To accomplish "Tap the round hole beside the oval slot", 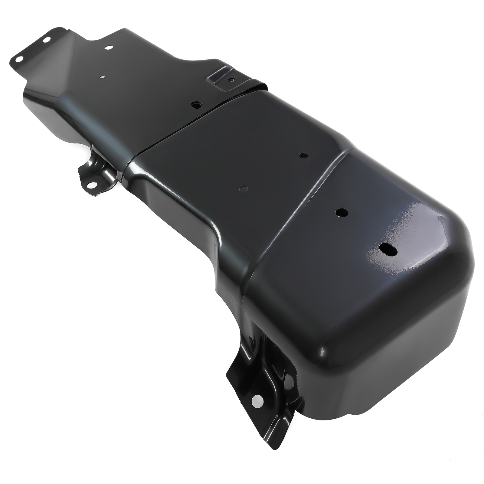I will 342,212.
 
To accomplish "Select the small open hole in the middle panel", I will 303,155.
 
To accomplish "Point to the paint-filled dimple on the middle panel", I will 243,189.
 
